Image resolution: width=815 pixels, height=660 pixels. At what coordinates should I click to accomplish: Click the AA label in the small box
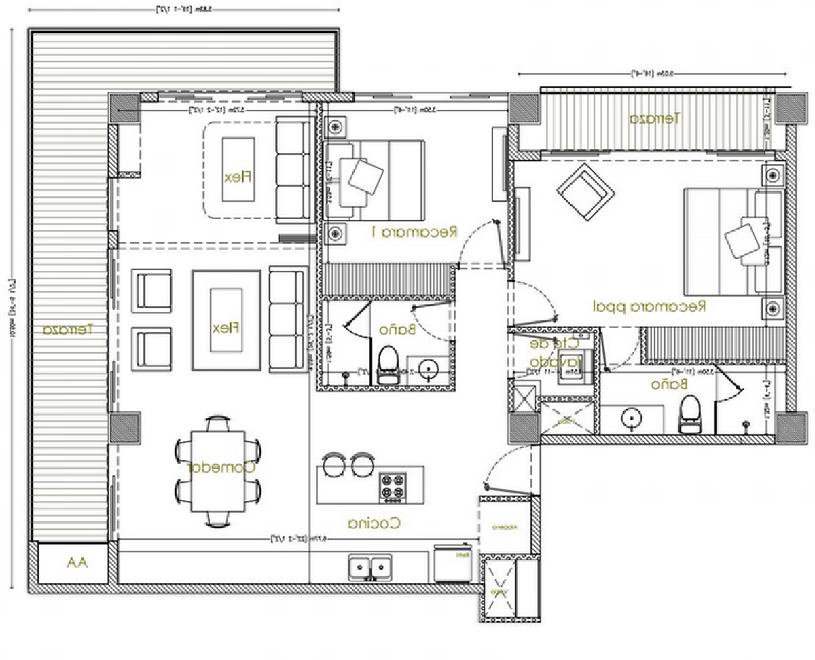77,562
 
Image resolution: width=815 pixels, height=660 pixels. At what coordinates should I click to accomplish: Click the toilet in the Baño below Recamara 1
388,366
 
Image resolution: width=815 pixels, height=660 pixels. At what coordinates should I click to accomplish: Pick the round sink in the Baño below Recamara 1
429,369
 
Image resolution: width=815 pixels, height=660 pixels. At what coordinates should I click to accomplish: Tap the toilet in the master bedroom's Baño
689,414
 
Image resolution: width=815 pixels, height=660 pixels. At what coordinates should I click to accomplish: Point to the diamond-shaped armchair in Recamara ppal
584,193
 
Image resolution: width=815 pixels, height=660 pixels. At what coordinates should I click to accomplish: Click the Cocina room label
374,524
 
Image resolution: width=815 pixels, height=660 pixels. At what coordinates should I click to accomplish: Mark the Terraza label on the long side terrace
68,330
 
